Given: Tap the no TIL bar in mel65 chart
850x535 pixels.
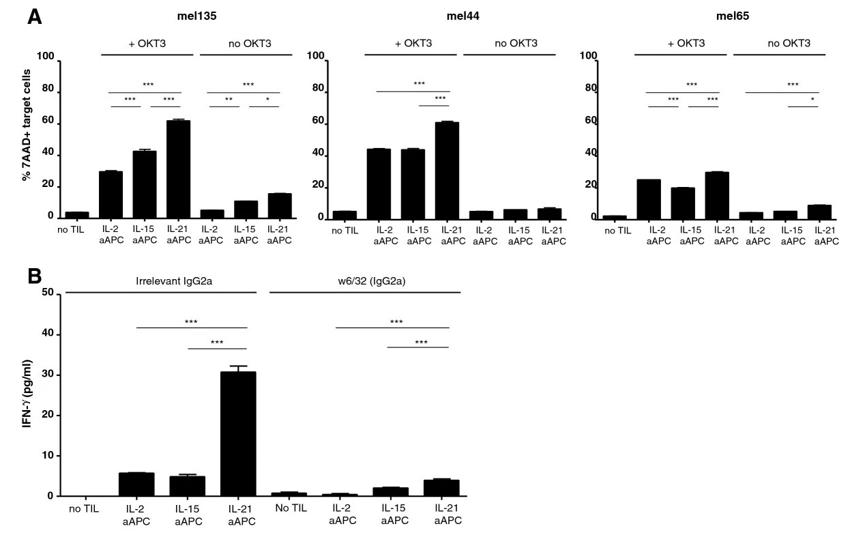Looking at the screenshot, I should point(616,217).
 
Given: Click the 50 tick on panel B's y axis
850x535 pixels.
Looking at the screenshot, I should point(50,293).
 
